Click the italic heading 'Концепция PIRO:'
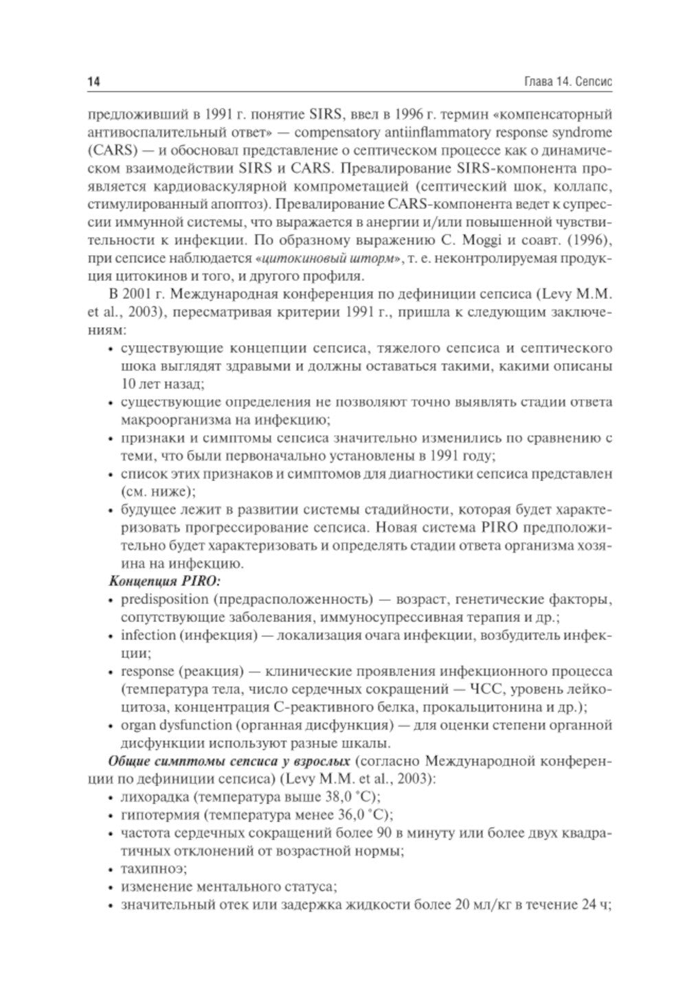(x=152, y=581)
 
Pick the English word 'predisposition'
(x=159, y=599)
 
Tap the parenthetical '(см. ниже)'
(x=157, y=491)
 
